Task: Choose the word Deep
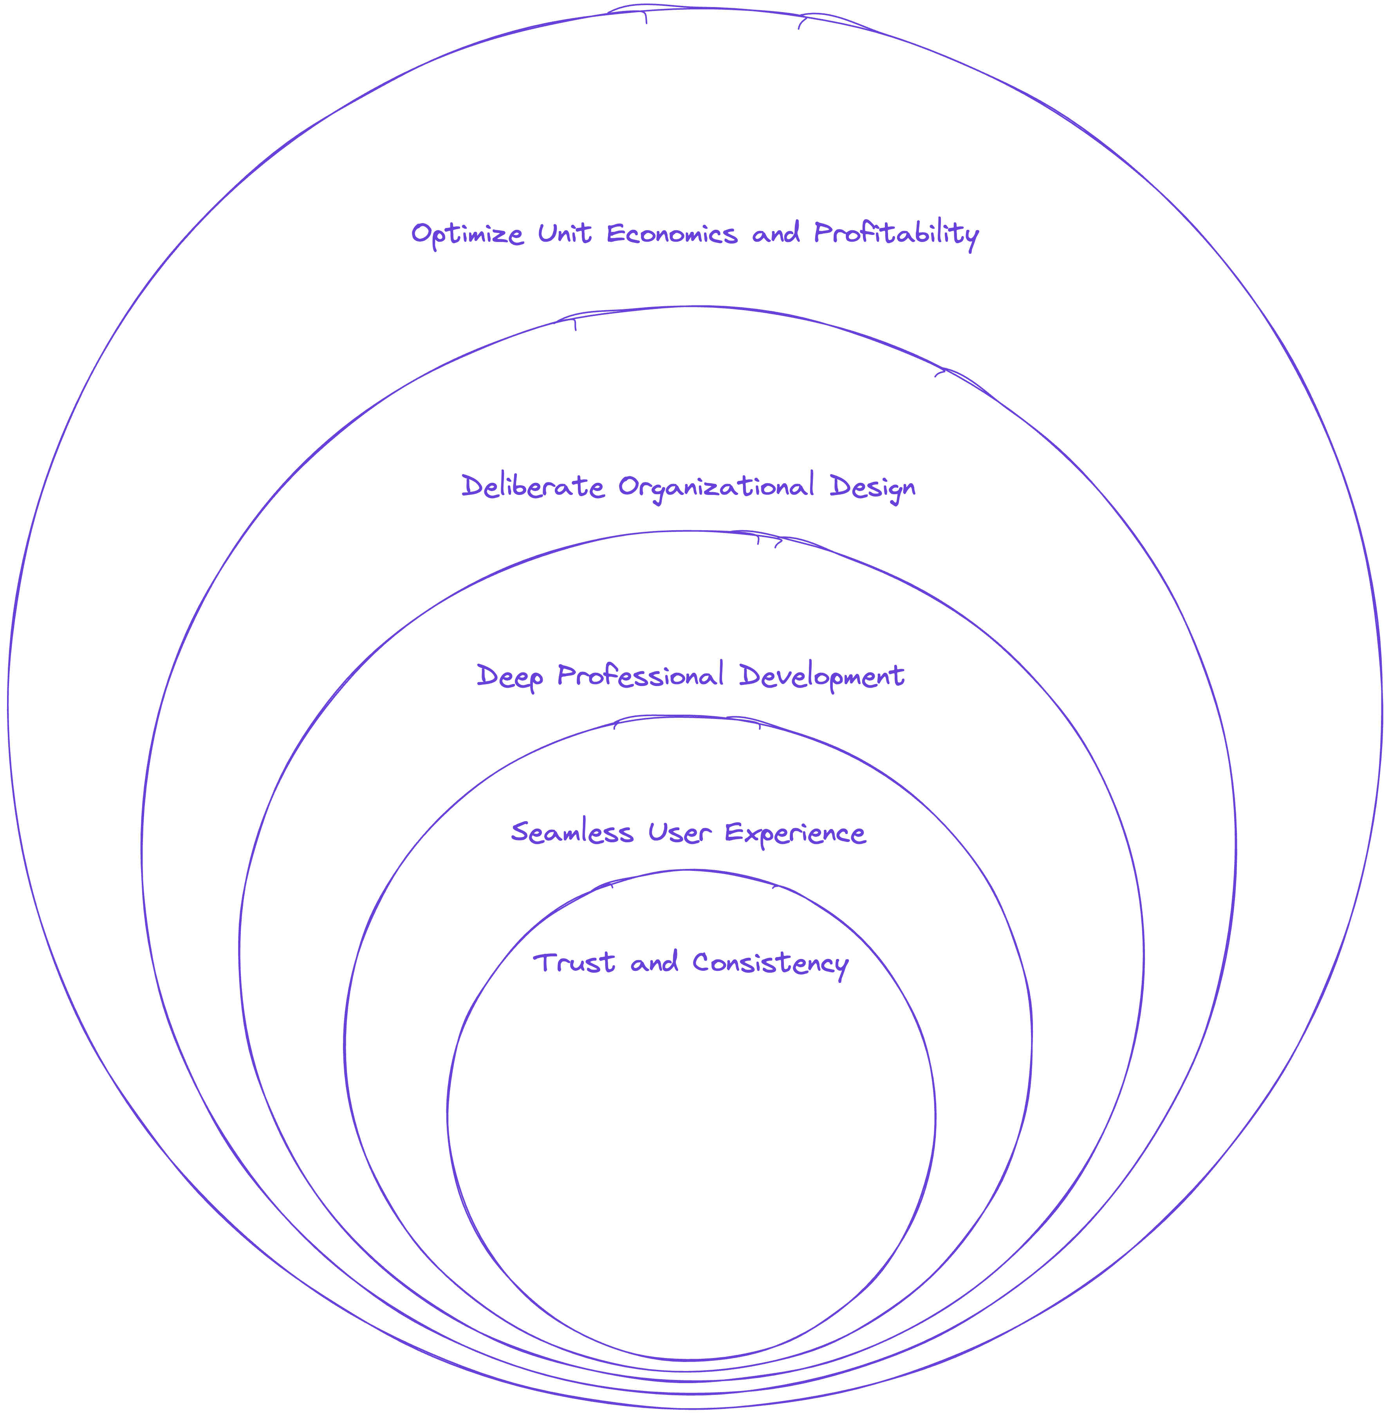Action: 509,676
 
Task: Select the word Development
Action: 821,676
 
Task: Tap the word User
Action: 679,833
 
